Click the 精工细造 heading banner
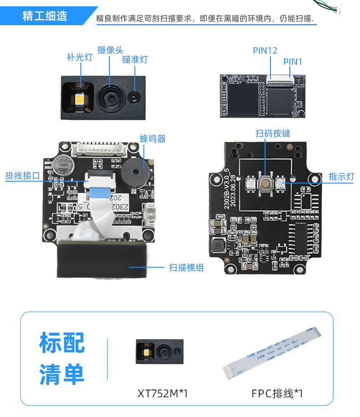(x=45, y=16)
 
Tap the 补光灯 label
(x=79, y=57)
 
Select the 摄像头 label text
(x=110, y=50)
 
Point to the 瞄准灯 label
(x=135, y=59)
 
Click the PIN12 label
(x=265, y=50)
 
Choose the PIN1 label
(x=293, y=62)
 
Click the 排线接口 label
(x=22, y=176)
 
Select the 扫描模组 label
(x=186, y=267)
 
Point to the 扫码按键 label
(x=273, y=133)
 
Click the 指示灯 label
(x=341, y=177)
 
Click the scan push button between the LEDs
(x=265, y=183)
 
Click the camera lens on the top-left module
(x=110, y=96)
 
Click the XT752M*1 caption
(x=162, y=394)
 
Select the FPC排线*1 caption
(x=277, y=394)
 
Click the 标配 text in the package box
(x=62, y=343)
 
